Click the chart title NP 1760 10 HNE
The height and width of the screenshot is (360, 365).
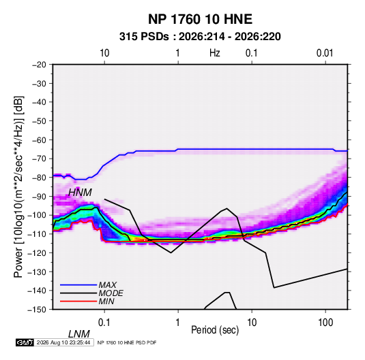coord(200,19)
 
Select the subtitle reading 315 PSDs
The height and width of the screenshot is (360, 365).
coord(144,37)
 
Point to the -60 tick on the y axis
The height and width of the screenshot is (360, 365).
coord(39,140)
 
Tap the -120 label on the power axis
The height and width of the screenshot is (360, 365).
coord(37,252)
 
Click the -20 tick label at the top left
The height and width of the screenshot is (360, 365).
coord(39,65)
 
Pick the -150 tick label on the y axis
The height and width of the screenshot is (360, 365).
coord(37,310)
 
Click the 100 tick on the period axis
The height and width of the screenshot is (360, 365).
coord(325,323)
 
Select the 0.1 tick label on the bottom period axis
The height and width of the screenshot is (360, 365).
coord(104,323)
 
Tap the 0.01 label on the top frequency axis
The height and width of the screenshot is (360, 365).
coord(325,53)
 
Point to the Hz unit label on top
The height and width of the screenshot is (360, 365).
coord(215,53)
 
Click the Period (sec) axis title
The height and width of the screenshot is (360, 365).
coord(215,330)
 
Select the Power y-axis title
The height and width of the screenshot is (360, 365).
coord(18,187)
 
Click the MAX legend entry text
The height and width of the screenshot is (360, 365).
coord(108,285)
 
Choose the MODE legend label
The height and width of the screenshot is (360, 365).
coord(111,293)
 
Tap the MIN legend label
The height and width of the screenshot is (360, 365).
coord(106,301)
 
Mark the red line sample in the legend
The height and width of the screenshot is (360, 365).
coord(78,301)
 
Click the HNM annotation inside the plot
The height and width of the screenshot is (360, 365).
coord(80,193)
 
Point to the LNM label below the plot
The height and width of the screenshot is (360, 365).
coord(78,334)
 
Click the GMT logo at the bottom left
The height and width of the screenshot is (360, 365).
coord(25,342)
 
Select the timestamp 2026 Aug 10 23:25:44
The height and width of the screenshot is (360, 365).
coord(63,342)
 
